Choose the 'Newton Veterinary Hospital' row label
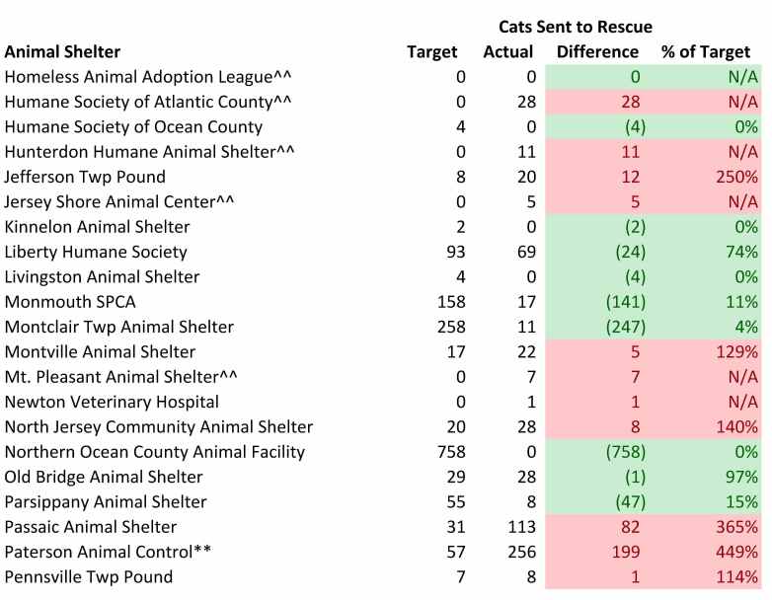[x=112, y=402]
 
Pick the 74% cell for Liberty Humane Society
[x=741, y=252]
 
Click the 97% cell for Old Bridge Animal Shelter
[x=741, y=477]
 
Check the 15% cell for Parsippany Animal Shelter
[x=741, y=501]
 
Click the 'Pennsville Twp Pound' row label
[x=89, y=576]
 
